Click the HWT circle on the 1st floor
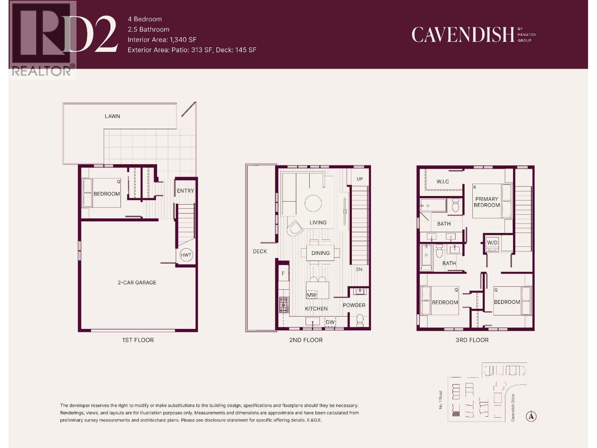point(186,255)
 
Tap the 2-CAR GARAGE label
point(137,283)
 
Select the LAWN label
point(112,116)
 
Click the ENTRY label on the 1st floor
point(185,191)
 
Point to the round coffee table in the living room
point(313,203)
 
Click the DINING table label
point(321,253)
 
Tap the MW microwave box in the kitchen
point(312,295)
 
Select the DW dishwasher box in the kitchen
point(330,322)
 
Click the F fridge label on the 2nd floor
point(283,274)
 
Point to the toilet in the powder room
point(360,320)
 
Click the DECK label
point(260,252)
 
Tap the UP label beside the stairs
point(360,179)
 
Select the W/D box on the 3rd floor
point(492,243)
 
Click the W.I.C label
point(443,182)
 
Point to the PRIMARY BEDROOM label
point(487,202)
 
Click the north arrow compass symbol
point(531,416)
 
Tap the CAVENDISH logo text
point(463,35)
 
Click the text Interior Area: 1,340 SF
point(162,40)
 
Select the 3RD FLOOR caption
point(472,340)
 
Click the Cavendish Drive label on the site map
point(513,408)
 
